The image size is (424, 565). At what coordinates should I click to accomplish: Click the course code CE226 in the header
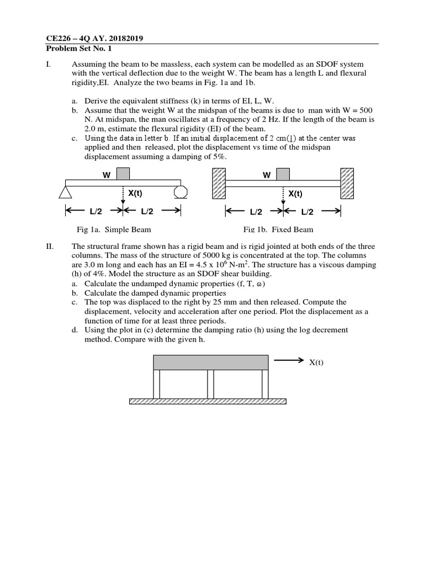click(57, 38)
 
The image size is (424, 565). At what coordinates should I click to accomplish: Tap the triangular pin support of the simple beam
click(66, 191)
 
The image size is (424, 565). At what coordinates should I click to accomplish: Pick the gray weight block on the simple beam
click(123, 174)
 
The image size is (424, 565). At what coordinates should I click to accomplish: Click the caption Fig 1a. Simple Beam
click(114, 230)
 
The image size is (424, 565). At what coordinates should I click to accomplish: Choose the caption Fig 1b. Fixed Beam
click(278, 230)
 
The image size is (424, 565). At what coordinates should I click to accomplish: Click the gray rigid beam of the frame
click(210, 363)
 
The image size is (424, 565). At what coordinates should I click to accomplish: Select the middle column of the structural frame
click(210, 385)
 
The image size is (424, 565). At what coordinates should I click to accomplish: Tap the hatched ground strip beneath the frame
click(208, 402)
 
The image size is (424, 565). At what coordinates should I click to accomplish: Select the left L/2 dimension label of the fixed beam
click(256, 211)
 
